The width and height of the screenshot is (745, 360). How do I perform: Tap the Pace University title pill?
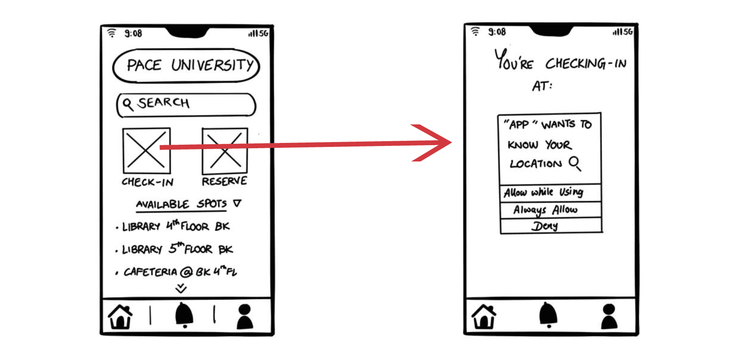(186, 66)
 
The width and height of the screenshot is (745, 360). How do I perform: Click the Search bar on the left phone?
(186, 105)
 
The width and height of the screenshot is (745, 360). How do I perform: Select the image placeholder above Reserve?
(225, 151)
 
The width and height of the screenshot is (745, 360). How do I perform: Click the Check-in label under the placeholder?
(147, 182)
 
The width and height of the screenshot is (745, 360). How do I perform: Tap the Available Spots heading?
(181, 204)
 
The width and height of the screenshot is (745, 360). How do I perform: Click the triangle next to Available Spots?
(237, 203)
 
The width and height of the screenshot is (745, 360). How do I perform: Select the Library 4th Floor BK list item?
(176, 226)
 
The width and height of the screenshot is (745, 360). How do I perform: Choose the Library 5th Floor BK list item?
(177, 249)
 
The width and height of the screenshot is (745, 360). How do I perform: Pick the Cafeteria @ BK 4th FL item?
(180, 271)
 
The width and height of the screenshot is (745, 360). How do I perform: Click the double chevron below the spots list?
(181, 289)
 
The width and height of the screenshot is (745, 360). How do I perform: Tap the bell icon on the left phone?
(184, 315)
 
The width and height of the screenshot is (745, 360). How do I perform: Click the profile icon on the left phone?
(245, 316)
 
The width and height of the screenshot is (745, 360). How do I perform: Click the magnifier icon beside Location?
(575, 163)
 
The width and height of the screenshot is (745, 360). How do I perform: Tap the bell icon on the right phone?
(548, 315)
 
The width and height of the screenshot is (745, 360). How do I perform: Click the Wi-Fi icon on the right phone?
(475, 32)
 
